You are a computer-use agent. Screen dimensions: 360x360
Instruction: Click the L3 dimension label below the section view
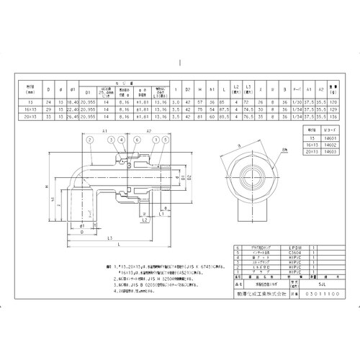click(x=107, y=238)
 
